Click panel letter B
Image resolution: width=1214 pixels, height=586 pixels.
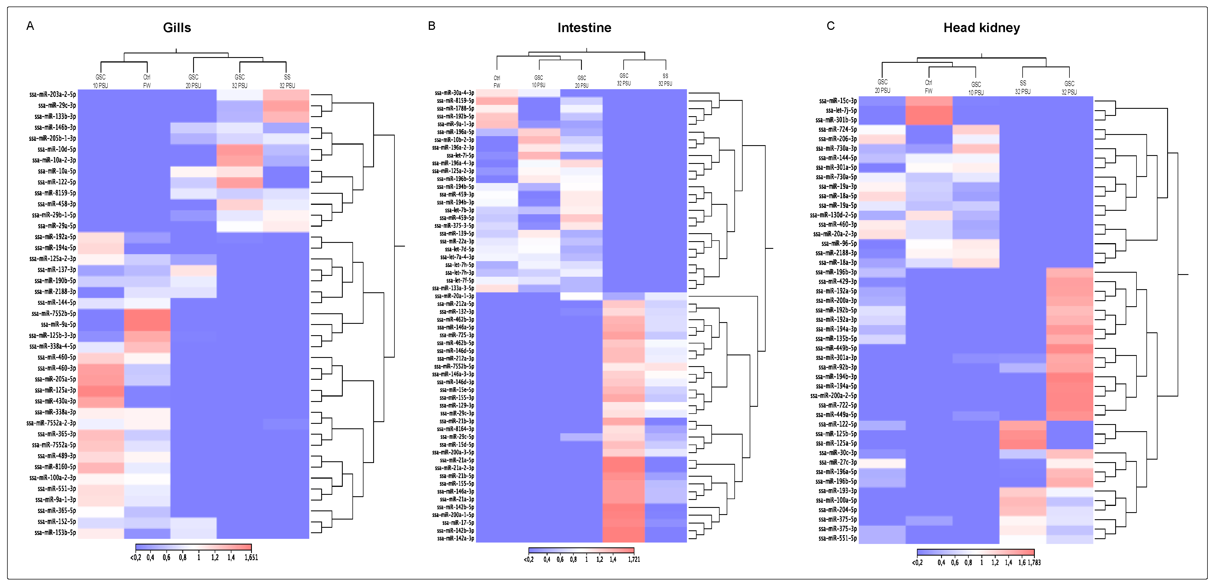pos(431,26)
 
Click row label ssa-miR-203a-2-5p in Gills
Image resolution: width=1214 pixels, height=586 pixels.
pos(52,94)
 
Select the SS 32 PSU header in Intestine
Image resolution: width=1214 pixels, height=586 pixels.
pos(665,80)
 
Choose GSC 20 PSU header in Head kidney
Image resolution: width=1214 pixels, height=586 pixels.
pos(882,86)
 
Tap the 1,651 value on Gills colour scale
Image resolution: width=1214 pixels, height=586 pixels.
pos(251,558)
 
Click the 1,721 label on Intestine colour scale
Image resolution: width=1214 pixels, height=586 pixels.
pos(634,560)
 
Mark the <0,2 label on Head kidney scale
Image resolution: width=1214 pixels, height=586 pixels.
pos(917,562)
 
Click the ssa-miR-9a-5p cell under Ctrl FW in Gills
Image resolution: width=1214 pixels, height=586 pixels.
pos(147,324)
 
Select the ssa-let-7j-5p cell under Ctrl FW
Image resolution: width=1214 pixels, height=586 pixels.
pos(928,110)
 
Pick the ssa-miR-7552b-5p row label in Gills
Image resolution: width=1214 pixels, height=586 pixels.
pos(53,314)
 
